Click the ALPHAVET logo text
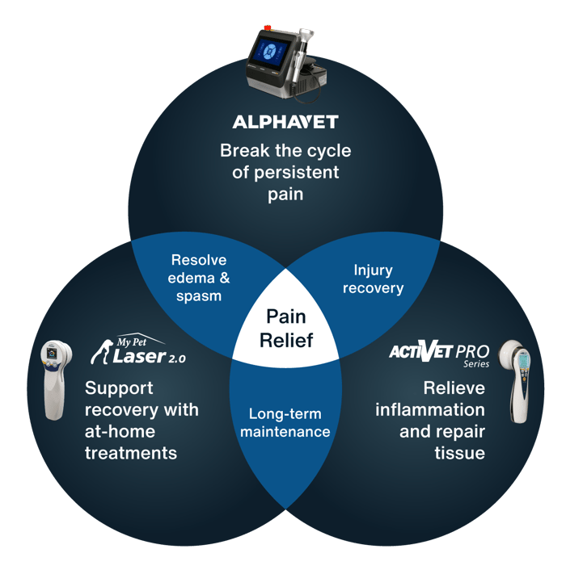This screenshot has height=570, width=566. (x=285, y=122)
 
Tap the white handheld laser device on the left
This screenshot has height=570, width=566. (x=55, y=379)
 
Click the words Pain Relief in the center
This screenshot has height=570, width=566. (x=285, y=327)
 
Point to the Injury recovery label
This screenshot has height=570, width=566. (x=373, y=279)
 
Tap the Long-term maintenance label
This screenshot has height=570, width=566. (x=289, y=422)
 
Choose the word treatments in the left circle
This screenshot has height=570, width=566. (x=131, y=453)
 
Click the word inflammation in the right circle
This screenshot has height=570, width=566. (x=430, y=409)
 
